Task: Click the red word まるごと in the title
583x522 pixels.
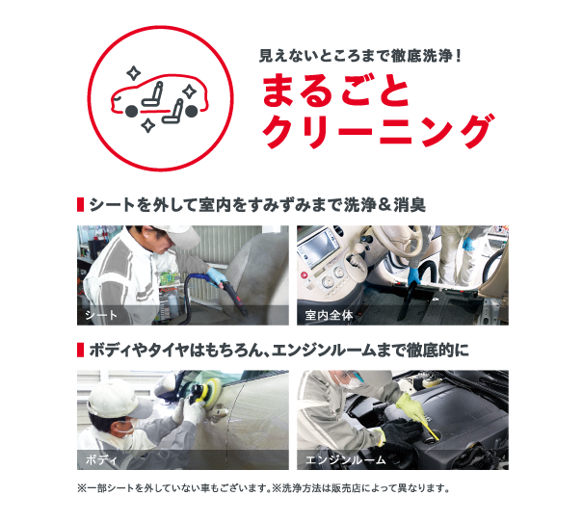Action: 333,91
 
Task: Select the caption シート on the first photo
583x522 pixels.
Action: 100,315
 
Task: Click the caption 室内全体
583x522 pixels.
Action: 328,315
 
